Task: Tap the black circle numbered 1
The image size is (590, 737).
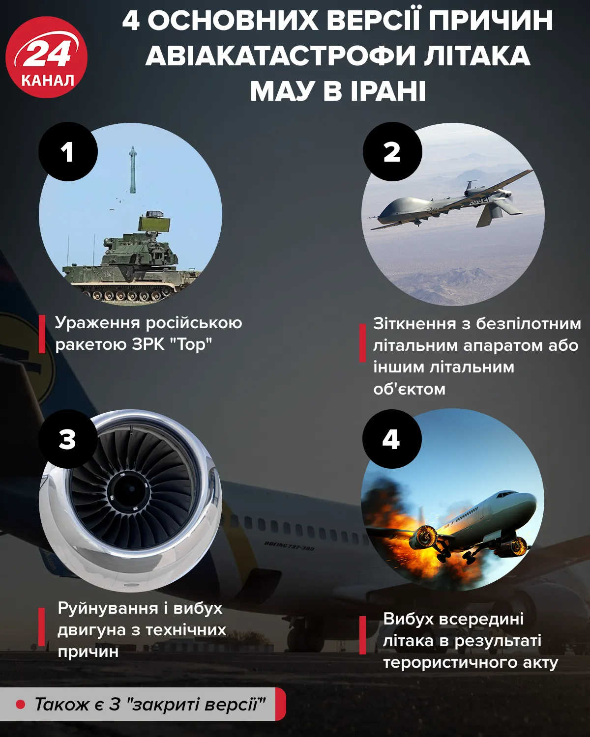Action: point(68,152)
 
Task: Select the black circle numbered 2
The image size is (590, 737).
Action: point(392,152)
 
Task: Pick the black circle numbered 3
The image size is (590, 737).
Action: point(68,439)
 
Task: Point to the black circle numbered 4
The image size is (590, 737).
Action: point(391,439)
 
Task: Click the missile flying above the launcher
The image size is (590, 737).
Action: point(132,170)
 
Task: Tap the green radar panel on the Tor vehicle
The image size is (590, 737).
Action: point(154,224)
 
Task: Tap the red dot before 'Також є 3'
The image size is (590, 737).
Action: point(21,704)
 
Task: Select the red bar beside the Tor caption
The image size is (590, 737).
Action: point(42,334)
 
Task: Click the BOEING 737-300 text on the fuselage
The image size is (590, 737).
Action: point(289,545)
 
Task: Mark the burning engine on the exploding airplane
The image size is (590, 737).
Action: point(426,537)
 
